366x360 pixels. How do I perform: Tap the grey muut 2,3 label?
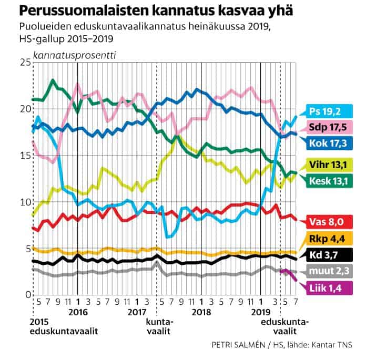(x=331, y=271)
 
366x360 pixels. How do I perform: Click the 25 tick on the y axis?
(x=24, y=63)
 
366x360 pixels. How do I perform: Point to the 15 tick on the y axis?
(x=24, y=156)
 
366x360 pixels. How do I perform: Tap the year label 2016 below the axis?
(x=78, y=311)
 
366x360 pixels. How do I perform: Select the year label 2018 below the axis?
(x=202, y=311)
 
